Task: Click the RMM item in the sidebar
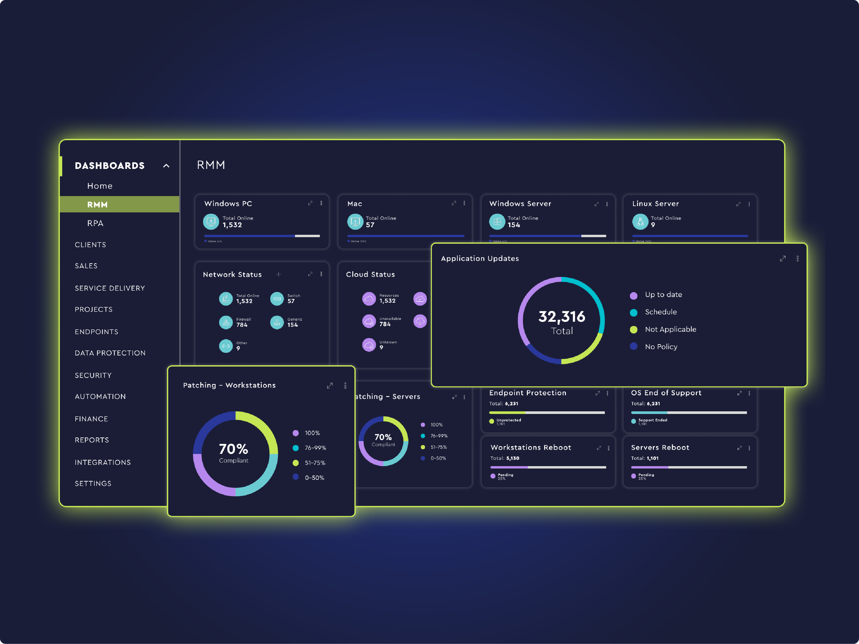(97, 204)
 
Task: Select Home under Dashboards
(100, 186)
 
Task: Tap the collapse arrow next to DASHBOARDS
(166, 166)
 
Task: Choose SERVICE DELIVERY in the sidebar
(110, 288)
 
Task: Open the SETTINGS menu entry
(93, 483)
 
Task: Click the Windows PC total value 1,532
(232, 225)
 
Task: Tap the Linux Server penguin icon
(640, 222)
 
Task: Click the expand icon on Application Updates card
(783, 258)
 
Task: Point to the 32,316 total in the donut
(562, 317)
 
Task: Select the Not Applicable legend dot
(633, 330)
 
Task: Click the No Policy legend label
(661, 347)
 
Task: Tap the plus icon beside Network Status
(278, 275)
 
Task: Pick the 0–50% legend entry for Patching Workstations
(314, 477)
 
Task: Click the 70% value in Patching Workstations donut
(233, 449)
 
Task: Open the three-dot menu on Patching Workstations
(345, 386)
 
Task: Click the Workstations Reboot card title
(531, 448)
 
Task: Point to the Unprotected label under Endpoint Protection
(509, 420)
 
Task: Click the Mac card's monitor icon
(355, 222)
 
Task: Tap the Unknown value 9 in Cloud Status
(381, 347)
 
